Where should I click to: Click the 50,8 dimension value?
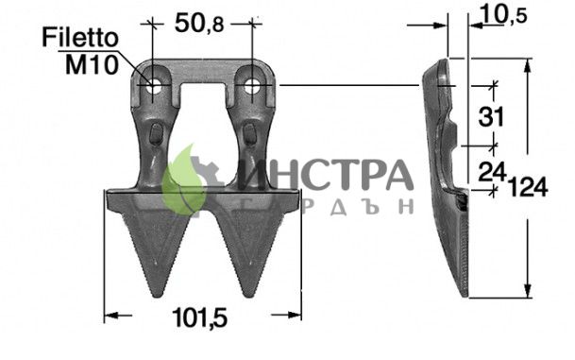[199, 23]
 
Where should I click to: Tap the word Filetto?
[80, 38]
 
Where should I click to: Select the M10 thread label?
[92, 64]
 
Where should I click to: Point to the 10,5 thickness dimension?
[502, 15]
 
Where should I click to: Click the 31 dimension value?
[491, 117]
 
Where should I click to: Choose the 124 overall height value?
[528, 187]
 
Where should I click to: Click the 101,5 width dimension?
[200, 317]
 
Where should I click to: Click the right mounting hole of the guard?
[251, 86]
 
